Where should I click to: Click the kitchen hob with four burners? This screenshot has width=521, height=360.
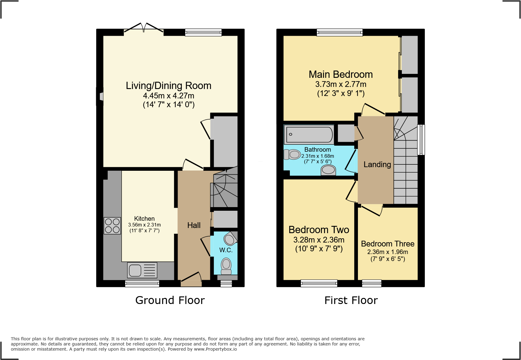[x=112, y=226]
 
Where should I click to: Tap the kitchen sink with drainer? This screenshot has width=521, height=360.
[x=142, y=270]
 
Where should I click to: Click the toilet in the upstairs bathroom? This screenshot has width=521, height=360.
[x=292, y=155]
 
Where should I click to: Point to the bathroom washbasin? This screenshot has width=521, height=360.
[x=328, y=170]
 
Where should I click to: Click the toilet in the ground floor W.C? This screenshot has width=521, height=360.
[x=226, y=266]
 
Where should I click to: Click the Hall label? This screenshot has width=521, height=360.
[x=194, y=225]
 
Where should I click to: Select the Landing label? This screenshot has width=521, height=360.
[x=377, y=164]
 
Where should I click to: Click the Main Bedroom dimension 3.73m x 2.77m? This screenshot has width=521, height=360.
[x=341, y=84]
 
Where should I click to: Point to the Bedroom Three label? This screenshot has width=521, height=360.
[x=388, y=244]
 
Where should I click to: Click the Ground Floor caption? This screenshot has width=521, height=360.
[x=170, y=300]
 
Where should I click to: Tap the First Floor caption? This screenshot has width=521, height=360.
[x=351, y=300]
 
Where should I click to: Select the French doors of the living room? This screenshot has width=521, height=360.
[x=144, y=28]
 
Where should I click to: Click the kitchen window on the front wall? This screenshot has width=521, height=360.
[x=142, y=284]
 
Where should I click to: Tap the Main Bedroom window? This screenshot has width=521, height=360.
[x=339, y=32]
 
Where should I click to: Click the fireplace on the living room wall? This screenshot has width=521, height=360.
[x=101, y=97]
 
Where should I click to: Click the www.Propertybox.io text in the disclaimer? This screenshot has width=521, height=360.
[x=215, y=349]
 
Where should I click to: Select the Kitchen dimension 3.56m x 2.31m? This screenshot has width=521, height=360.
[x=144, y=225]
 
